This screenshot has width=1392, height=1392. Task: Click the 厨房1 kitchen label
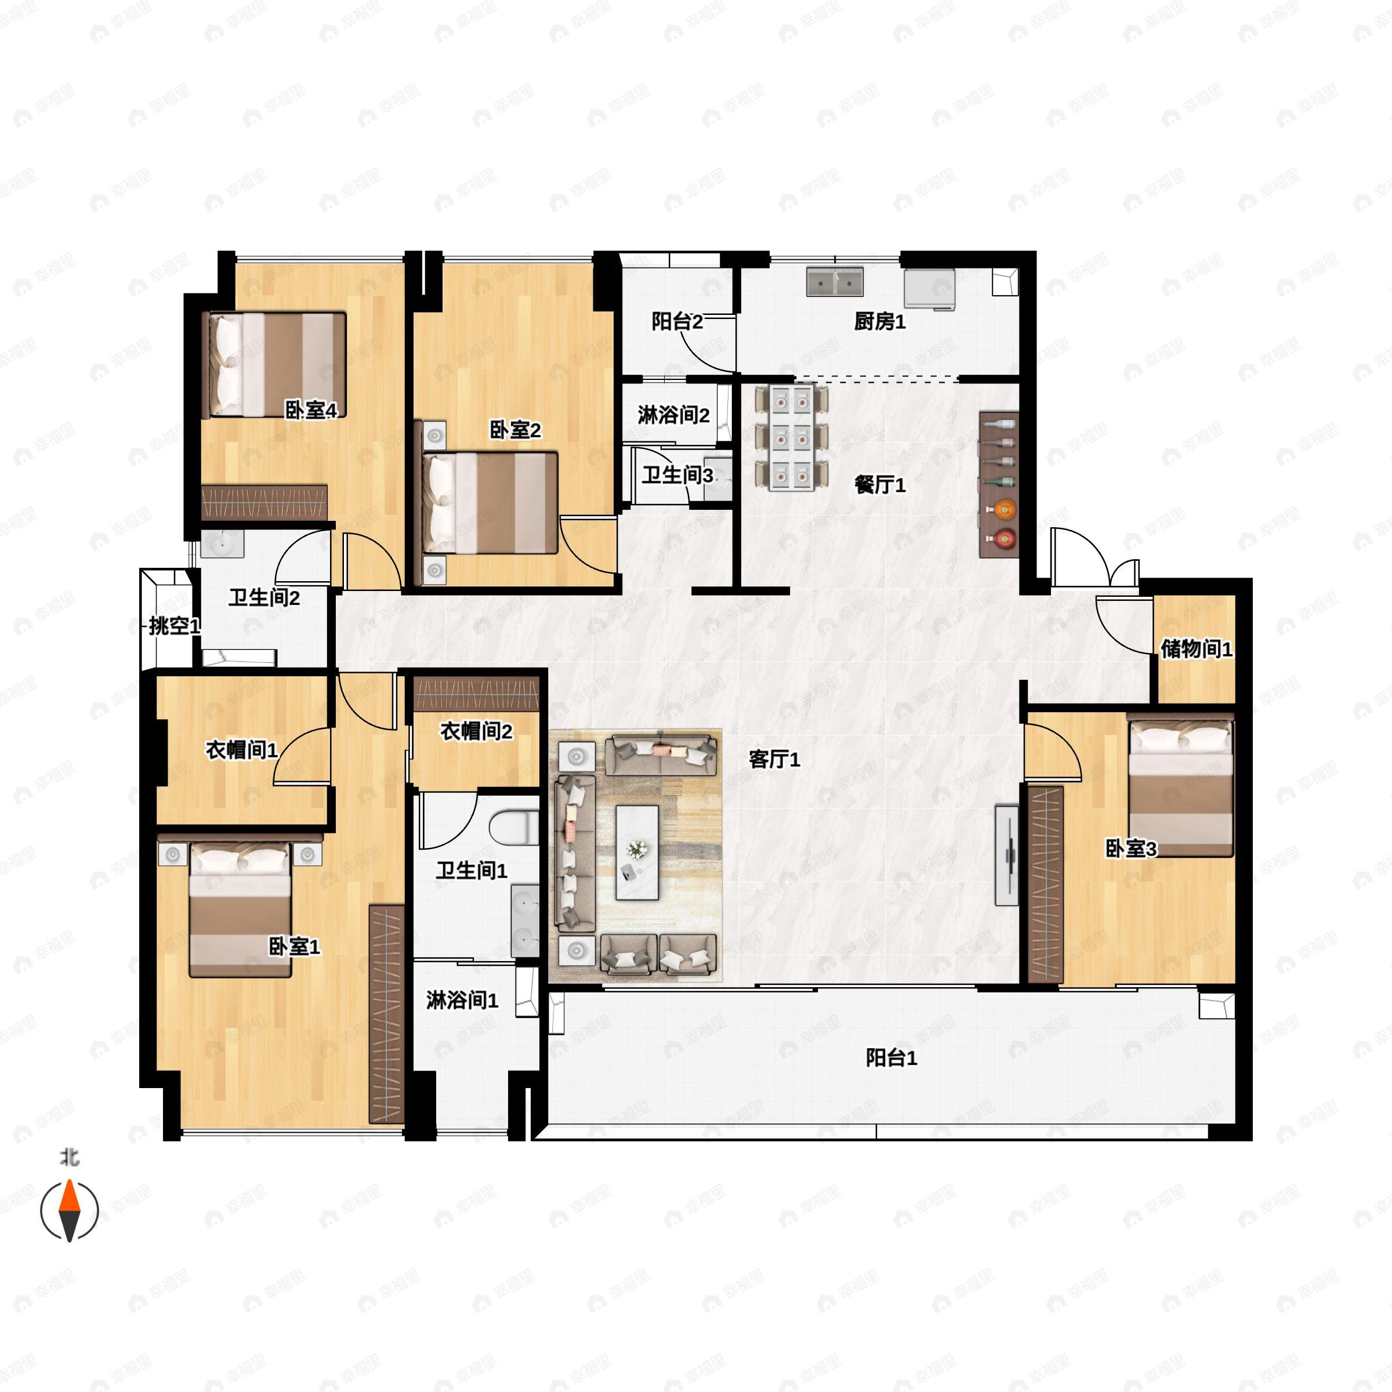pos(879,321)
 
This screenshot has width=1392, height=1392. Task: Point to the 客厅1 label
pos(774,759)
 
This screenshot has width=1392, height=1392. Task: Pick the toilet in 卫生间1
pos(516,827)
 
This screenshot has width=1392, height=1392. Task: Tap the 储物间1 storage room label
pos(1196,648)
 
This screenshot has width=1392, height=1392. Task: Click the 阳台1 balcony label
pos(891,1058)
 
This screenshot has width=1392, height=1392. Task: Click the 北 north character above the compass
pos(69,1157)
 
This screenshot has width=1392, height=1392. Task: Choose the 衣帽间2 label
pos(476,731)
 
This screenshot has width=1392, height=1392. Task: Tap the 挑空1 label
pos(173,625)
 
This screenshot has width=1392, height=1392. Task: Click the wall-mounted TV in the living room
pos(1006,855)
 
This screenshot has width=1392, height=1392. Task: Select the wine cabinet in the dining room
pos(998,484)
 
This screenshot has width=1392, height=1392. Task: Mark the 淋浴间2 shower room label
pos(673,415)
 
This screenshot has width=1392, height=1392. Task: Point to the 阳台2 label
pos(676,321)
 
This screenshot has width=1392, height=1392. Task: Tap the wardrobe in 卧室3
pos(1045,884)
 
